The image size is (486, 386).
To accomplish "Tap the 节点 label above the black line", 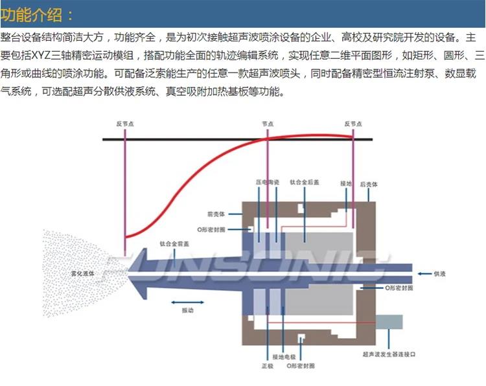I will (268, 123).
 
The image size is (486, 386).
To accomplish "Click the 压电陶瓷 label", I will (267, 183).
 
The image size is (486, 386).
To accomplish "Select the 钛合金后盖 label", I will (304, 183).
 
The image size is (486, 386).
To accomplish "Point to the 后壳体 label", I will (369, 185).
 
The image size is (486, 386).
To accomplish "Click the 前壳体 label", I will (216, 213).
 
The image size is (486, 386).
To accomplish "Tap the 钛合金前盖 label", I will (174, 244).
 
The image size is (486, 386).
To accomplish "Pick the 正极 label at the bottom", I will (267, 366).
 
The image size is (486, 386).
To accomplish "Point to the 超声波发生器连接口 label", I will (389, 355).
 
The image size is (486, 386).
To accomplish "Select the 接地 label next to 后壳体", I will (345, 185).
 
